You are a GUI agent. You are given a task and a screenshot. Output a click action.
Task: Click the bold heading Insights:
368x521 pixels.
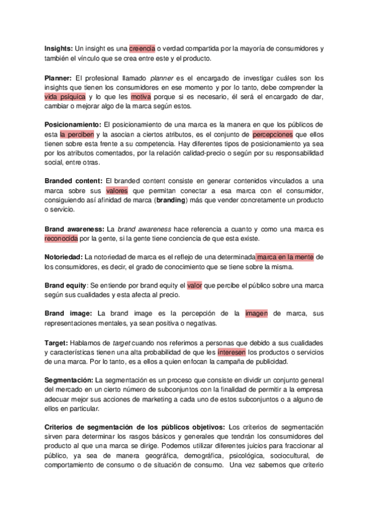59,48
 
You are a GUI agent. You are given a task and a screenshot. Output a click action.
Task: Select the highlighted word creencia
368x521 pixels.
142,48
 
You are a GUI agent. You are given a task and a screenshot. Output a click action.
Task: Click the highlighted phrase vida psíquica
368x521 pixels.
65,96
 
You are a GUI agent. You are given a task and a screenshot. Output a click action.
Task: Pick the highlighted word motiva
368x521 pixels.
141,96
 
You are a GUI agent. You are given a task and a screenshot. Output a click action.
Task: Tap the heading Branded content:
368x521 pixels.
73,180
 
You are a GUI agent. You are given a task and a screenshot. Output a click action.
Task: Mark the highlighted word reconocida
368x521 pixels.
61,238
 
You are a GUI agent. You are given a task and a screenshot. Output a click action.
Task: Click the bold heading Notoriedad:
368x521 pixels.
64,256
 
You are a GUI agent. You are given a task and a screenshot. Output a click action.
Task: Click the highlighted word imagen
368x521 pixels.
256,313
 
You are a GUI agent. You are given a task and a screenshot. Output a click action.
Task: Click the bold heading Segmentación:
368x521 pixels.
69,380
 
